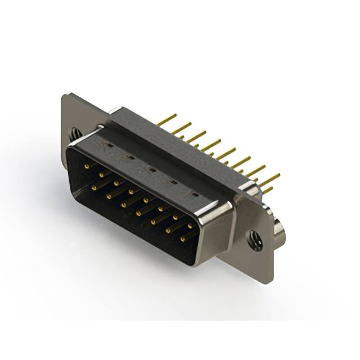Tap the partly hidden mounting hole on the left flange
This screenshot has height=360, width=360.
click(75, 134)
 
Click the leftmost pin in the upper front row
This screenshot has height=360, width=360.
click(87, 166)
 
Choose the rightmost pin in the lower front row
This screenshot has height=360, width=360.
click(183, 239)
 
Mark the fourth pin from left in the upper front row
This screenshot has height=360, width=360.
click(130, 192)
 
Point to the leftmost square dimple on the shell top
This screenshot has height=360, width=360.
click(109, 145)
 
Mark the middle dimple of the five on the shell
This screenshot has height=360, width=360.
click(150, 169)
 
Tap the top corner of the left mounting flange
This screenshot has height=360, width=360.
click(64, 96)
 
